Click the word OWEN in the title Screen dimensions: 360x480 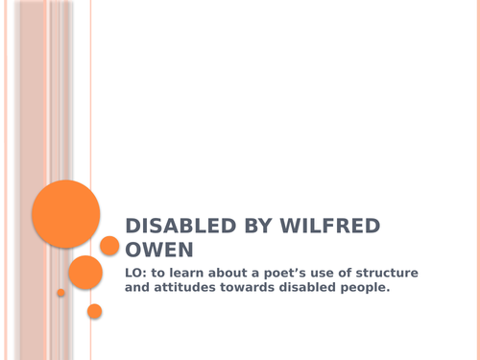click(152, 251)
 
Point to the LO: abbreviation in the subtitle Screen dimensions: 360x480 click(138, 274)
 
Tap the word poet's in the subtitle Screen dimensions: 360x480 click(292, 274)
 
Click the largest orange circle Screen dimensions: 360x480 click(66, 213)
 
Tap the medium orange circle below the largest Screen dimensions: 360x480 click(84, 272)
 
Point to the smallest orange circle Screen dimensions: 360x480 click(60, 293)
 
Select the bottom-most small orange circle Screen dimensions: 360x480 click(94, 311)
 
